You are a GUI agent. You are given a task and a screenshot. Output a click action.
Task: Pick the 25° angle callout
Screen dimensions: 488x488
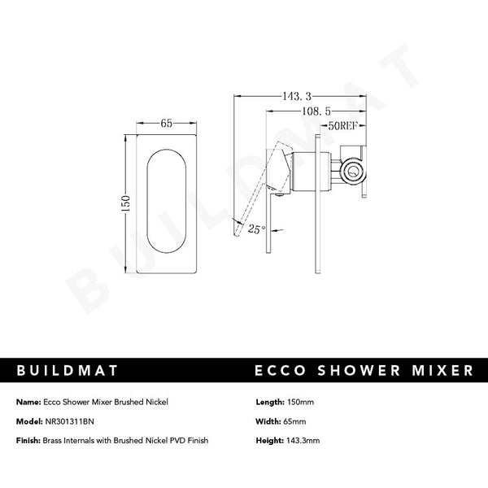point(256,229)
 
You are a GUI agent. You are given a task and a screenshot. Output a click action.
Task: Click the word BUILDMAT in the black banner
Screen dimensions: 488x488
point(67,371)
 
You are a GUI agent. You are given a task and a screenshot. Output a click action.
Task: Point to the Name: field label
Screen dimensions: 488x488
point(28,402)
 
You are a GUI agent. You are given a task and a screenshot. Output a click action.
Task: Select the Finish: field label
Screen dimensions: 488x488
point(28,440)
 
